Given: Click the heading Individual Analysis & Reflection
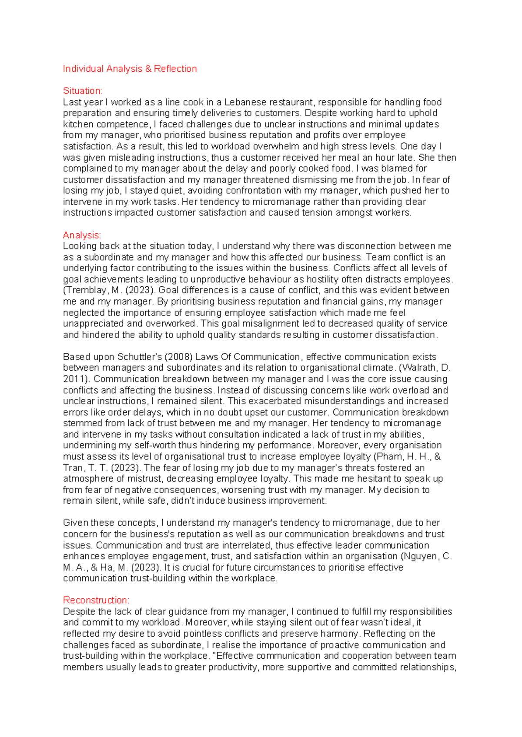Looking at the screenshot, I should [130, 69].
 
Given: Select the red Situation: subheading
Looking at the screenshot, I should [83, 91].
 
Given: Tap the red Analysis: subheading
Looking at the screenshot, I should [82, 235].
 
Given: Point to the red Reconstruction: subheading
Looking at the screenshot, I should [96, 600].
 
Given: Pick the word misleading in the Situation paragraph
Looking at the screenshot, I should [134, 157].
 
